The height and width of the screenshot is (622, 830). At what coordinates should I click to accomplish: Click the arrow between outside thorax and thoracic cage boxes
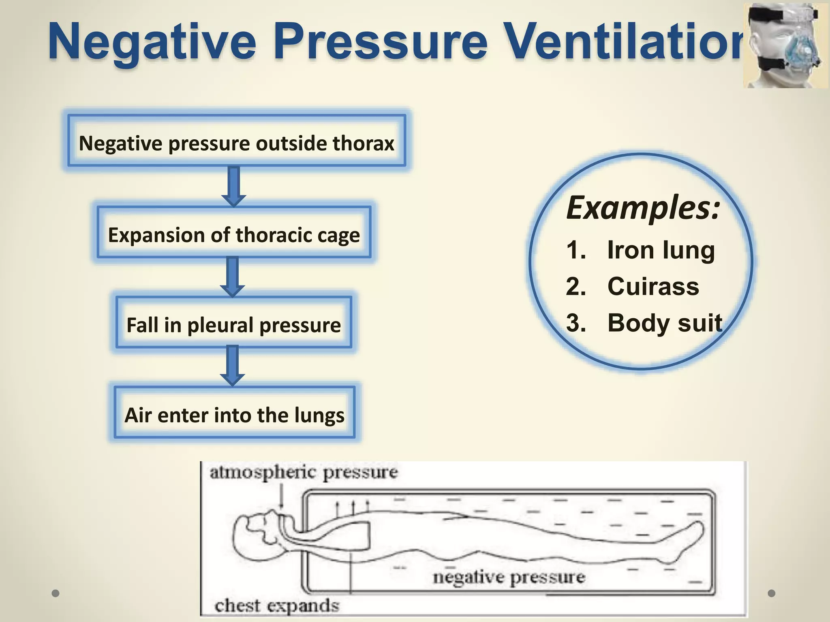pyautogui.click(x=234, y=186)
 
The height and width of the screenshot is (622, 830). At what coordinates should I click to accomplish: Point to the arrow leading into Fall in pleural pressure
pyautogui.click(x=232, y=277)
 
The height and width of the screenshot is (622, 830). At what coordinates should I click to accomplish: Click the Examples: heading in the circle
pyautogui.click(x=643, y=207)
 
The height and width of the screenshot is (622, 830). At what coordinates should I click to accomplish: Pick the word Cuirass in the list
pyautogui.click(x=653, y=286)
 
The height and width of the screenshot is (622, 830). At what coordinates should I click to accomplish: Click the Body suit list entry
pyautogui.click(x=665, y=323)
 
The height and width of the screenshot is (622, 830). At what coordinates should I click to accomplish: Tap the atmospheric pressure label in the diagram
pyautogui.click(x=304, y=473)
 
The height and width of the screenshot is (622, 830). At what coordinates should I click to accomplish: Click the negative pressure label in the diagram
pyautogui.click(x=509, y=577)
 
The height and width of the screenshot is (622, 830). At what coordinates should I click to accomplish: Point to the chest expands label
pyautogui.click(x=277, y=606)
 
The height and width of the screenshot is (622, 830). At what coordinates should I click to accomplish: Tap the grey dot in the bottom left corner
pyautogui.click(x=56, y=593)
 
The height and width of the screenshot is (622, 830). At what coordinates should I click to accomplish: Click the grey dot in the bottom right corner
pyautogui.click(x=772, y=593)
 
